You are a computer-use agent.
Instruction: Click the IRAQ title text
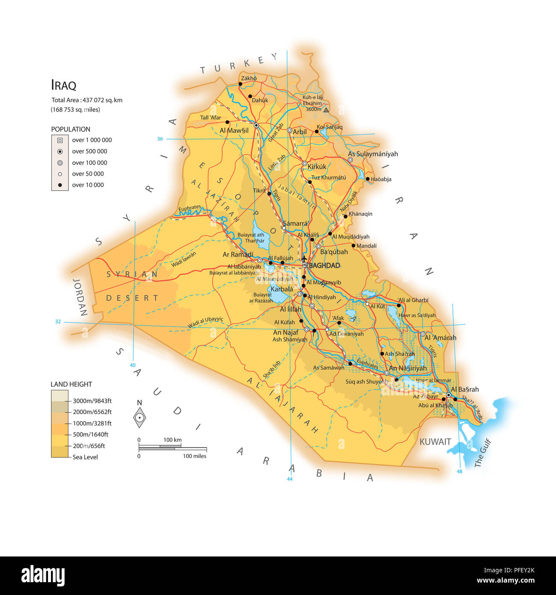[x=63, y=85]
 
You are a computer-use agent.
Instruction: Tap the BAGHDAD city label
[x=324, y=265]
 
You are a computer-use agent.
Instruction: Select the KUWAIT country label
[x=435, y=442]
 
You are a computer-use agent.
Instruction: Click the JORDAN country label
[x=80, y=297]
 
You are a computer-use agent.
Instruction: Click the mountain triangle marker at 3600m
[x=326, y=110]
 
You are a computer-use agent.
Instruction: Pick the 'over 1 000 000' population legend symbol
[x=60, y=140]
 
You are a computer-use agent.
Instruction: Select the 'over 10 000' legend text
[x=88, y=185]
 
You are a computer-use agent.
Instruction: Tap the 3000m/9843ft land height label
[x=92, y=401]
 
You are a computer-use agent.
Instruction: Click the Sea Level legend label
[x=85, y=457]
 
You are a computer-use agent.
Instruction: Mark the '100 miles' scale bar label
[x=195, y=456]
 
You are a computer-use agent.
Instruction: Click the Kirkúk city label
[x=317, y=167]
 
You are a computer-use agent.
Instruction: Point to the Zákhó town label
[x=249, y=78]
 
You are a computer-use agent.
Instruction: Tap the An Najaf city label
[x=286, y=332]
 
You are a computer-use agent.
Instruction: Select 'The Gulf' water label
[x=482, y=453]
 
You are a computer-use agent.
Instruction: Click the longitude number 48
[x=459, y=471]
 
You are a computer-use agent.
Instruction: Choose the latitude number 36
[x=160, y=139]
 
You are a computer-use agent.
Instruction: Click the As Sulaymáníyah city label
[x=373, y=154]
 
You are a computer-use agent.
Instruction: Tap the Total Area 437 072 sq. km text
[x=87, y=100]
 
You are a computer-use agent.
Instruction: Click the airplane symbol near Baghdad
[x=304, y=259]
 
